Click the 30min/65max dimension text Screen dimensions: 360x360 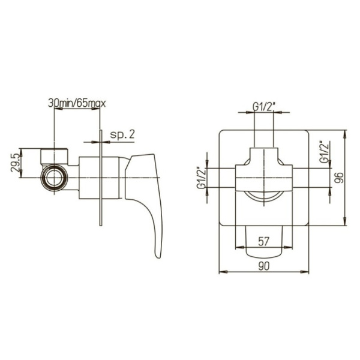click(77, 104)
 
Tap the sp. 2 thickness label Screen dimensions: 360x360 click(122, 134)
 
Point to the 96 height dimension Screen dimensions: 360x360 click(339, 178)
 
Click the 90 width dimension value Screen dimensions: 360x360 click(263, 266)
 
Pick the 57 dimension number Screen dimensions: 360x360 click(263, 242)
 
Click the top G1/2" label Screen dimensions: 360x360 click(264, 107)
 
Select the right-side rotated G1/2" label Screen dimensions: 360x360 click(324, 152)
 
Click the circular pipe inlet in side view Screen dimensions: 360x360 click(54, 178)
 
